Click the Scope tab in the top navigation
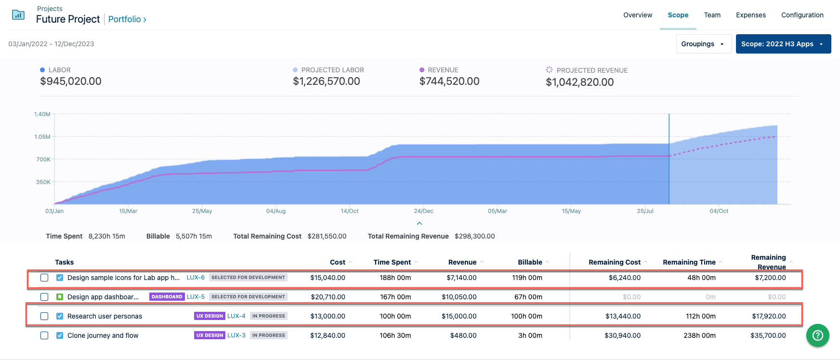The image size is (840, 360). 678,15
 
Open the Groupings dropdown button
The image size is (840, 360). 703,44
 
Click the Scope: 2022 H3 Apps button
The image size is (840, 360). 783,44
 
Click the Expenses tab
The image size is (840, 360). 750,15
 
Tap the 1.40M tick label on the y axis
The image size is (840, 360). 42,114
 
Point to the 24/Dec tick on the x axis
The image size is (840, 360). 423,211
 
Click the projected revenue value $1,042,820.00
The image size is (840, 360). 579,82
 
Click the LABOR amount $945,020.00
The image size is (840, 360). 71,81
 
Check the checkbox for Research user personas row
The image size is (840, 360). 44,316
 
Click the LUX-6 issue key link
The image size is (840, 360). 196,278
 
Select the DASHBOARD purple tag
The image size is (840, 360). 167,297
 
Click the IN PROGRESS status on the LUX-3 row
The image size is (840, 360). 268,335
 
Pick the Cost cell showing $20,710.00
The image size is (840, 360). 328,297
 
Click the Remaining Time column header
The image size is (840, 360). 689,262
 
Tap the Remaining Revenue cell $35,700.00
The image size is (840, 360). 768,335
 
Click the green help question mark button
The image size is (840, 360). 817,335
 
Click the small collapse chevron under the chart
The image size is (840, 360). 420,224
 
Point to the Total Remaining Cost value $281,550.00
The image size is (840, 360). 327,236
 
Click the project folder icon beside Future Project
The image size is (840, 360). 18,15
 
